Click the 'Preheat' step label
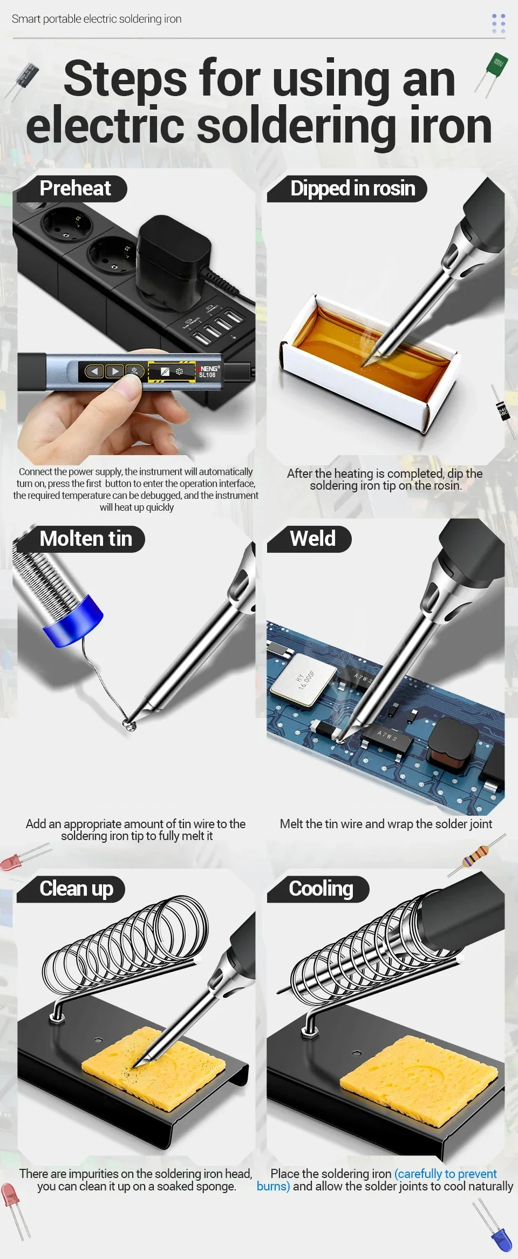point(75,188)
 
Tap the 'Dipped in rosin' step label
point(353,188)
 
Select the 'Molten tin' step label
point(86,539)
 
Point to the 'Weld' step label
point(312,539)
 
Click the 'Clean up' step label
point(76,889)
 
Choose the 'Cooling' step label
point(321,889)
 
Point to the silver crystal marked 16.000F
point(299,678)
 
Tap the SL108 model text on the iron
point(207,375)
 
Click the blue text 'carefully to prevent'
point(446,1174)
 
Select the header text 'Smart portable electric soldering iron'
point(97,19)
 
